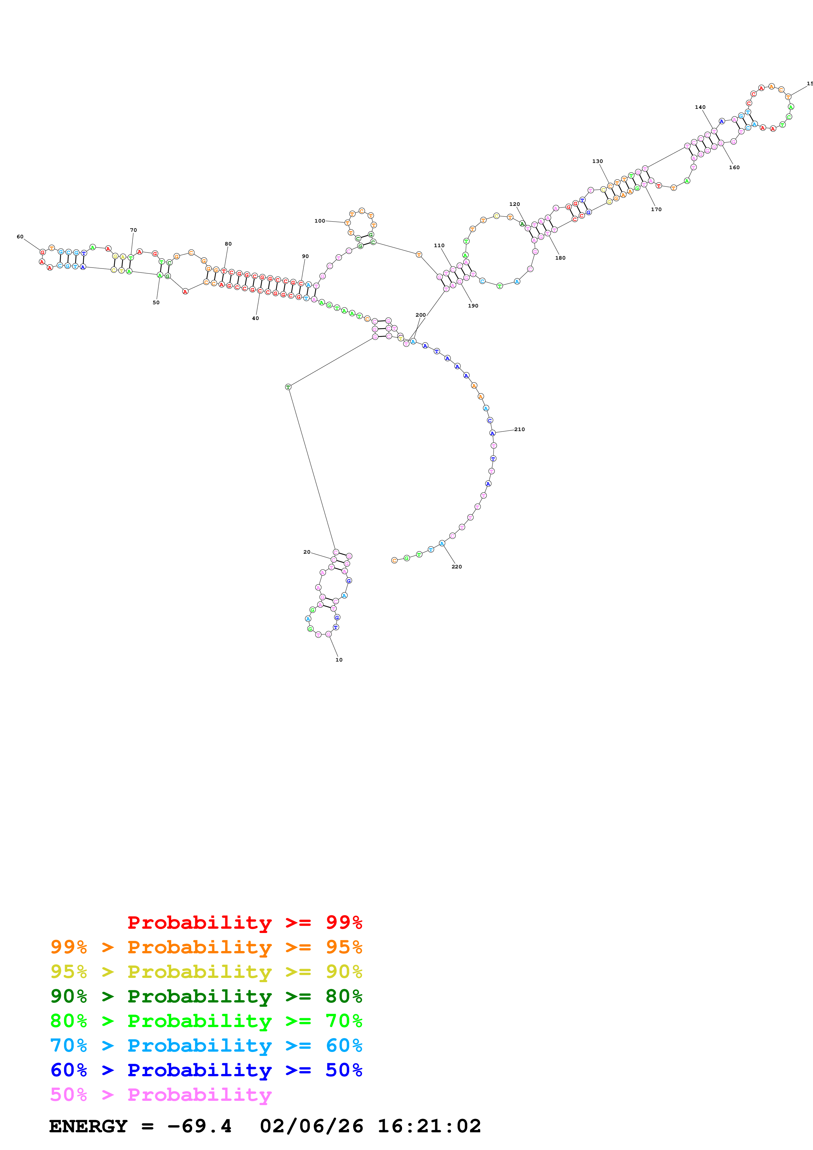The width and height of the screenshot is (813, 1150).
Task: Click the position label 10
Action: (x=339, y=660)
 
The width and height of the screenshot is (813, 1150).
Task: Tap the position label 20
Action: (x=307, y=552)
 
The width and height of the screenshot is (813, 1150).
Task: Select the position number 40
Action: (x=255, y=318)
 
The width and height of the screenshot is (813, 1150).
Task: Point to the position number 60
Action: (x=20, y=236)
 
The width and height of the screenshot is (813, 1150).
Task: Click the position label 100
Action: (x=319, y=221)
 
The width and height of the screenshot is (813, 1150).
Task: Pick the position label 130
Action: (x=598, y=161)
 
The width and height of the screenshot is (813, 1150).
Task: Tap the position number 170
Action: (x=656, y=209)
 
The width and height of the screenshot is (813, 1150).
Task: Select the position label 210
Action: (x=519, y=429)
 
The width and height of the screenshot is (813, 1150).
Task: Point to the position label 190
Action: (x=473, y=306)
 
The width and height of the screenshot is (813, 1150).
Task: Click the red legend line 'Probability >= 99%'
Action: (x=244, y=922)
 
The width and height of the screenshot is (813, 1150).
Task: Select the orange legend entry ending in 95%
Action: (x=206, y=947)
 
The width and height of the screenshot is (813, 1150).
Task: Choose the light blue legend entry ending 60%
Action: (x=206, y=1045)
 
